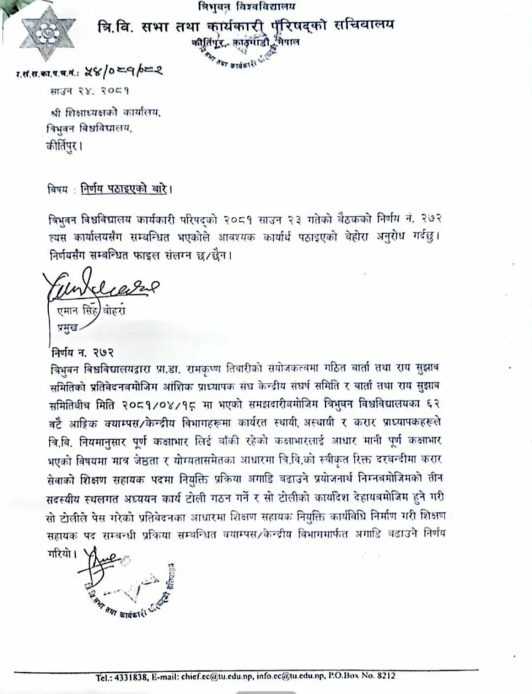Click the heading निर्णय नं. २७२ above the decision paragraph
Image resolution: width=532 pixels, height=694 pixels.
(77, 352)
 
